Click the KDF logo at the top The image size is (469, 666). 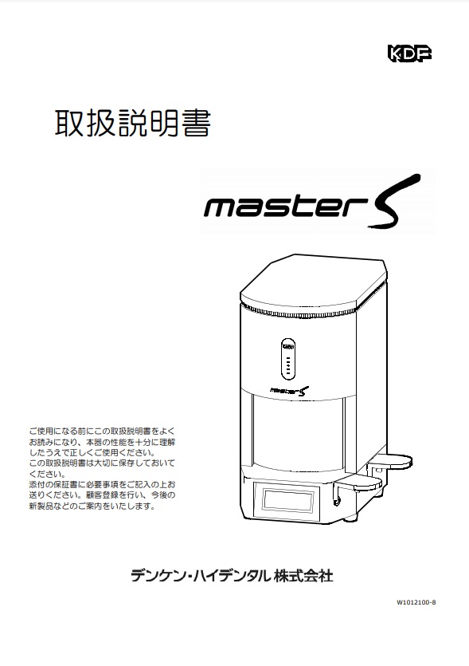coord(409,53)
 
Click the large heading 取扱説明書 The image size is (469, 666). coord(133,123)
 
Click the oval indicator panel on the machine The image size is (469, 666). coord(288,360)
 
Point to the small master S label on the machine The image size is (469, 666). coord(290,390)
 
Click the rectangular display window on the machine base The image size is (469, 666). coord(288,500)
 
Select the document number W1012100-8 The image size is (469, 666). coord(416,602)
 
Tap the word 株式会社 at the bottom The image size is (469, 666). coord(303,576)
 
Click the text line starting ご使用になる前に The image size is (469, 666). coord(102,432)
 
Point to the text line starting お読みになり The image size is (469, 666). coord(102,442)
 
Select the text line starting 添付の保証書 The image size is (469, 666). coord(102,484)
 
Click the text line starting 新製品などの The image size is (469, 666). coord(92,506)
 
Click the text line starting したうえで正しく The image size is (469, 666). coord(92,452)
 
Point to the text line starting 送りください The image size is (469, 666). coord(102,495)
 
